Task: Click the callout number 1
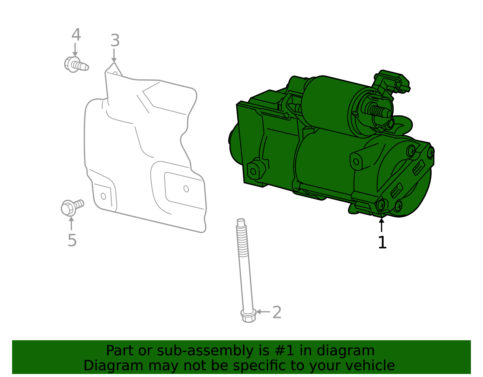coord(382,242)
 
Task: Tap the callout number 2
coord(277,312)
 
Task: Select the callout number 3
coord(115,40)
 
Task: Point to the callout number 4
coord(76,35)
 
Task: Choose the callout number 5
coord(72,240)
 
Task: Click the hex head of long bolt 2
coord(248,316)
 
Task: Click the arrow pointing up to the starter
coord(382,225)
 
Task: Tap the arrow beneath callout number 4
coord(75,50)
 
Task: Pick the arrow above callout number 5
coord(71,223)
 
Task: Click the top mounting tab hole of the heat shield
coord(115,73)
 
